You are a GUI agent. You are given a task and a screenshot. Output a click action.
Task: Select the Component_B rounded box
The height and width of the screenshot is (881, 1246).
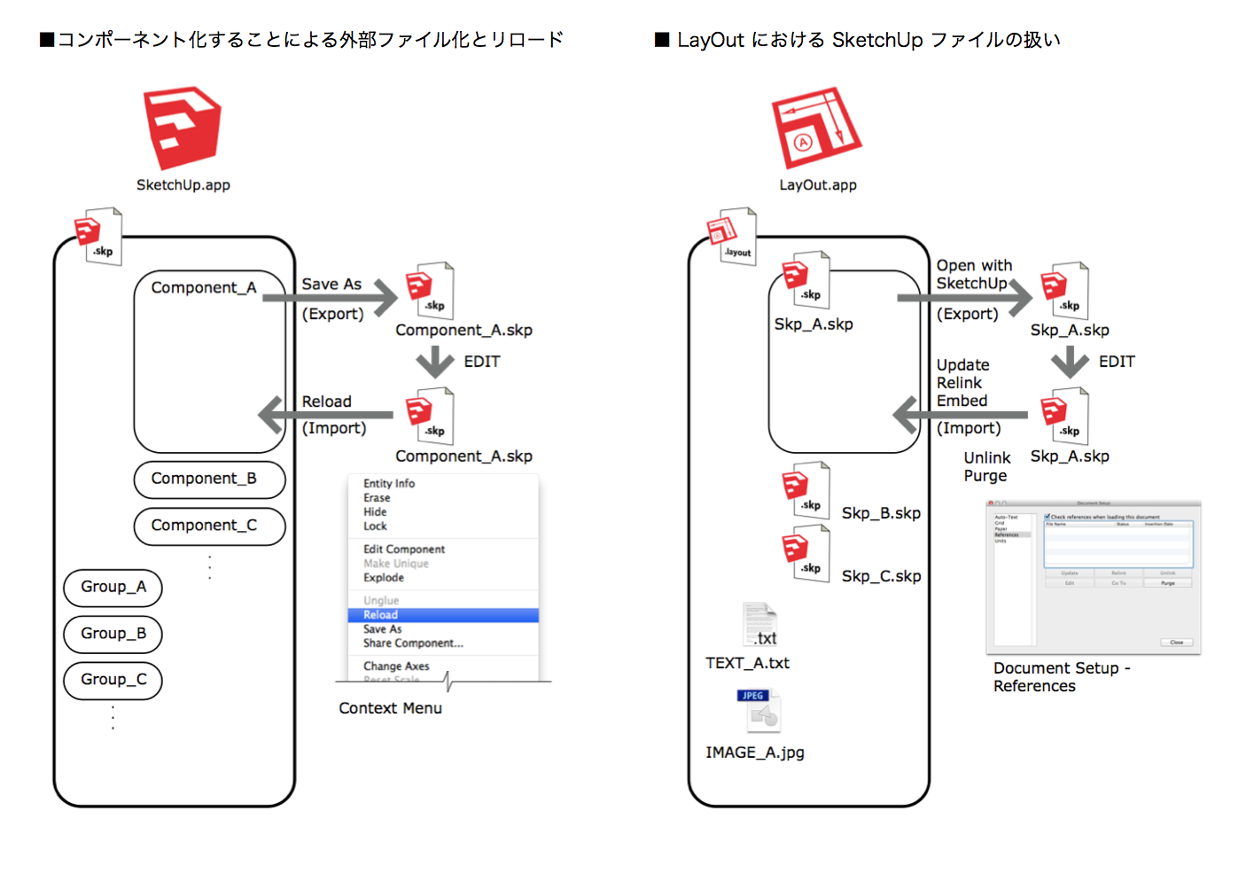(x=209, y=479)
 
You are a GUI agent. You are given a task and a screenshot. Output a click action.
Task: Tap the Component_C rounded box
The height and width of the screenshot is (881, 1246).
(x=209, y=526)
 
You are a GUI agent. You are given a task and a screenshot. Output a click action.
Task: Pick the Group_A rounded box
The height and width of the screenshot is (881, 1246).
(x=113, y=588)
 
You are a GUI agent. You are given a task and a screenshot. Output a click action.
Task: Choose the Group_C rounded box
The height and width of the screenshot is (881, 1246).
(x=113, y=680)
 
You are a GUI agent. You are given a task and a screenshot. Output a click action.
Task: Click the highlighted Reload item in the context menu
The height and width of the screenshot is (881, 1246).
(x=443, y=615)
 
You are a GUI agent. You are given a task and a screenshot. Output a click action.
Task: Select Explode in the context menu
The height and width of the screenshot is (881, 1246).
(x=384, y=578)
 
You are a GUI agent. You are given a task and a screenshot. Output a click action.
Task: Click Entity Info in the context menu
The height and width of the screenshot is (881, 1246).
(x=389, y=484)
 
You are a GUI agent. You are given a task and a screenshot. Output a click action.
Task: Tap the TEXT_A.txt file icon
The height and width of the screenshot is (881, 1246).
(x=760, y=625)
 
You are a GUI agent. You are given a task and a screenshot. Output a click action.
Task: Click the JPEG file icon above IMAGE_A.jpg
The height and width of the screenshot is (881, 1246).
(x=759, y=711)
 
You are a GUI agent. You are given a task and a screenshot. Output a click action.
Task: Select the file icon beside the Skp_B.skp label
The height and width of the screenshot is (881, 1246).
(x=806, y=491)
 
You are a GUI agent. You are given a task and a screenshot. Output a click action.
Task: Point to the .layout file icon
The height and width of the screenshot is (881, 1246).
(x=733, y=237)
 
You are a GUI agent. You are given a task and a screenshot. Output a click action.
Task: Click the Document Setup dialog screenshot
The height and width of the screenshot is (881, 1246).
(x=1093, y=578)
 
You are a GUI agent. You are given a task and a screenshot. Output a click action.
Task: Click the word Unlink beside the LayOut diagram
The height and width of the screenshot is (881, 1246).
(x=987, y=458)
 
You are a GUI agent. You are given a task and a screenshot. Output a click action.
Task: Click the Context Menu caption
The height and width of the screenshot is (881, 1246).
(x=390, y=708)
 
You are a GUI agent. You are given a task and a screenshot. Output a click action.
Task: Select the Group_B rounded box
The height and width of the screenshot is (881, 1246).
(x=113, y=634)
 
